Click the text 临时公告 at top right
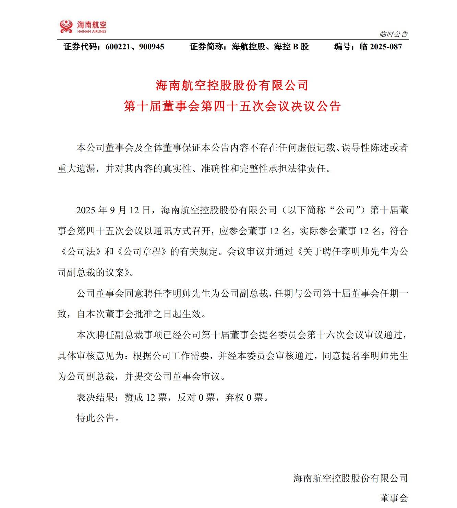click(394, 34)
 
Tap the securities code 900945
click(152, 47)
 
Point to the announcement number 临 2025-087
click(381, 47)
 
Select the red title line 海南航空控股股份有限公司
click(232, 85)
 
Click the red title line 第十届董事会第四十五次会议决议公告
click(232, 106)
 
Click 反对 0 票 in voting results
click(196, 398)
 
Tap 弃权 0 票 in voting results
click(244, 398)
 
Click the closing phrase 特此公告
click(95, 418)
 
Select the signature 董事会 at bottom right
click(394, 498)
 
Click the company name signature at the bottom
click(350, 478)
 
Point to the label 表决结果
click(95, 398)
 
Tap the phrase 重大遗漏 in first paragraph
click(76, 169)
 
